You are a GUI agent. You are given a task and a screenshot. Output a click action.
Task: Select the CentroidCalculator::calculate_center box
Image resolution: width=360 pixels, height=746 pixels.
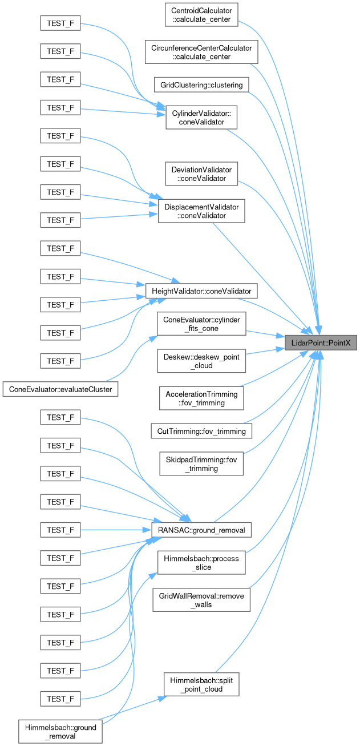(x=201, y=15)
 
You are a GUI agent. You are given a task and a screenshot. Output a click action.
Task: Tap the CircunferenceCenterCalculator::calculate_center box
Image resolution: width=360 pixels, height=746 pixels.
(x=201, y=52)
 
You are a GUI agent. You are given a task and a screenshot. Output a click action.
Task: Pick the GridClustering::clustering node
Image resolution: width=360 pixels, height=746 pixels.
(x=201, y=85)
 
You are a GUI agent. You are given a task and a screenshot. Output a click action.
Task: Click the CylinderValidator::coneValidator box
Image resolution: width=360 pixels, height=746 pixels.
(x=201, y=118)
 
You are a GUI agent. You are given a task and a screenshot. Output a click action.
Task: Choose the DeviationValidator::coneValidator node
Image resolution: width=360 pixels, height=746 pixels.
(x=201, y=174)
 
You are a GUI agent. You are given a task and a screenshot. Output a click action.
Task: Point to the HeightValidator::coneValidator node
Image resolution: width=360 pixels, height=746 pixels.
(x=201, y=291)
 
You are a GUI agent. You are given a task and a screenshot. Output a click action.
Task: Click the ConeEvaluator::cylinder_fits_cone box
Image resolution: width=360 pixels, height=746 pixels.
(x=201, y=324)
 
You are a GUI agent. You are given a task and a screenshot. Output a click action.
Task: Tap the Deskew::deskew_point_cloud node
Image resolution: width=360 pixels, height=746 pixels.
(x=201, y=361)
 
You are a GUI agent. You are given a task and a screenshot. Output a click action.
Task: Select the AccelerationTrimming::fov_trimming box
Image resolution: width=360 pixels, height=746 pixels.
(x=201, y=398)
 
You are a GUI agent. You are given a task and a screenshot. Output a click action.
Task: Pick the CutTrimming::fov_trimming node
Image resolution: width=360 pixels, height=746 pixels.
(x=201, y=431)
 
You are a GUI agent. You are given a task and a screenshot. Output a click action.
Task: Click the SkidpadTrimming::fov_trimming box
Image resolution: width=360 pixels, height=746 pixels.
(x=201, y=463)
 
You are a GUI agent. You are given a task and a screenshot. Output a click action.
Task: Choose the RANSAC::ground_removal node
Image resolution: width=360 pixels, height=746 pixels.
(x=201, y=530)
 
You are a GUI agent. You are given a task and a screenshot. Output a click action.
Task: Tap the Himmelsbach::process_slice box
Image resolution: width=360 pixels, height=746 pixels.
(x=201, y=562)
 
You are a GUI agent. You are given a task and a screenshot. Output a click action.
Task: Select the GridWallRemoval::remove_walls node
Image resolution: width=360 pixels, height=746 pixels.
(x=201, y=600)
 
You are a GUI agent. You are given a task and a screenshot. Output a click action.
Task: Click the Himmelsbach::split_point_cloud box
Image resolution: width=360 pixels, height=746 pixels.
(x=201, y=684)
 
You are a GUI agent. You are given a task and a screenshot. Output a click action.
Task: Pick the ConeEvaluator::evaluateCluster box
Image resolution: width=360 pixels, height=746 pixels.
(x=60, y=389)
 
